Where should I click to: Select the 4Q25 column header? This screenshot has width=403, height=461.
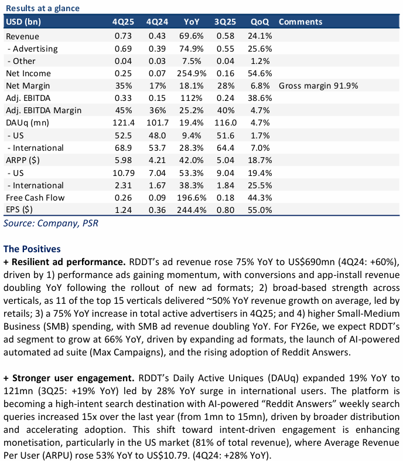(123, 22)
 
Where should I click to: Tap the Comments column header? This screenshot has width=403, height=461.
(300, 22)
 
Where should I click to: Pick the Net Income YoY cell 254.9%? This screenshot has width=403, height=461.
(189, 73)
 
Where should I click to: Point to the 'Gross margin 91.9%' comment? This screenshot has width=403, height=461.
(318, 86)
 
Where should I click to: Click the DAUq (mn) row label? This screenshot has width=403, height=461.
(28, 123)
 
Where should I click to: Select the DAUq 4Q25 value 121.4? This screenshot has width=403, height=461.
(124, 123)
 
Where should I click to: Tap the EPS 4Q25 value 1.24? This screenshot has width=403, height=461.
(125, 210)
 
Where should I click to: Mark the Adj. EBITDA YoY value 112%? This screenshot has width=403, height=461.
(192, 98)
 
